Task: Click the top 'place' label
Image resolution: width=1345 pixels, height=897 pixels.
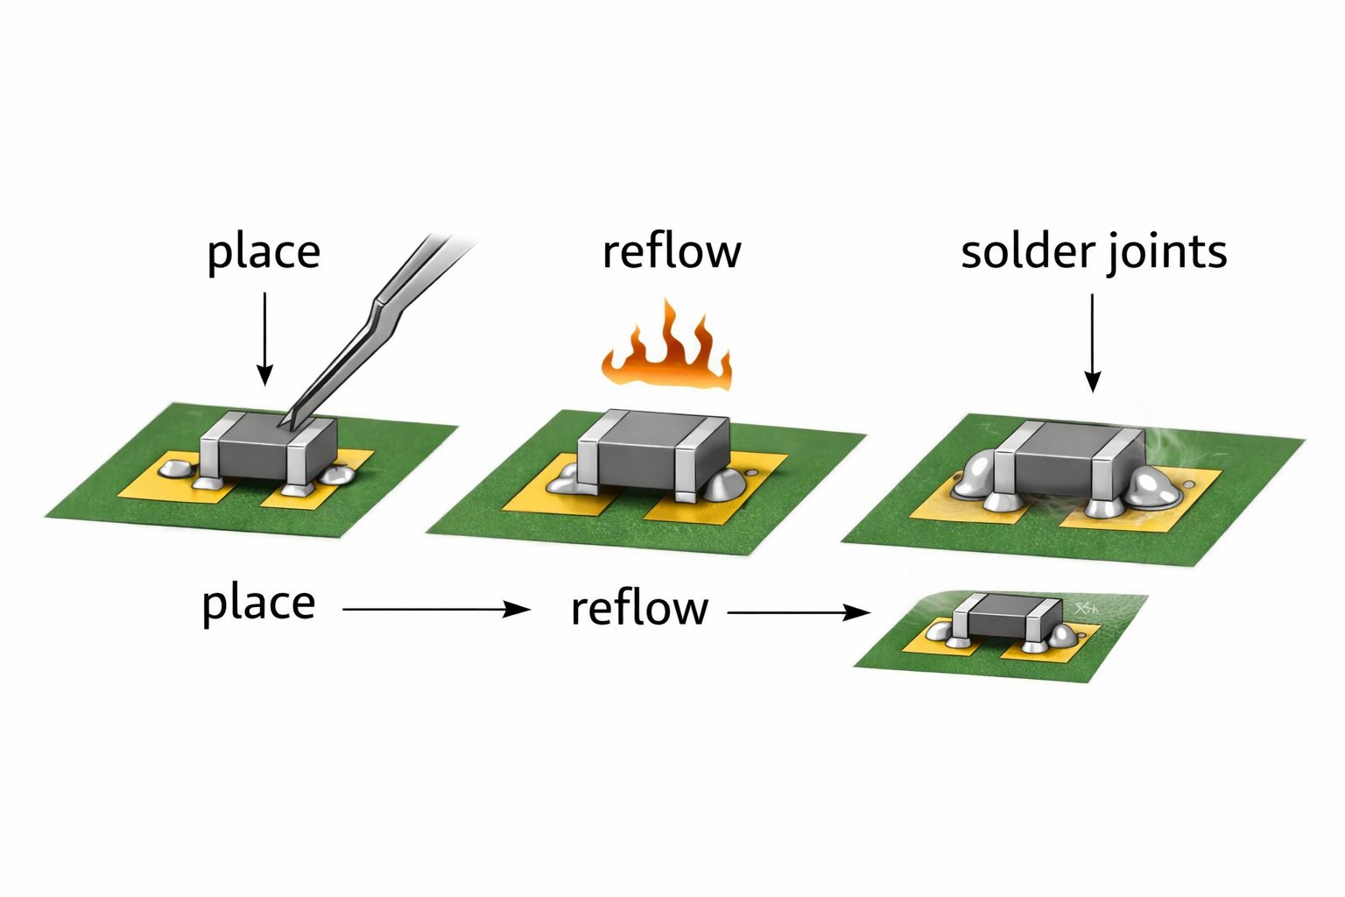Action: point(264,253)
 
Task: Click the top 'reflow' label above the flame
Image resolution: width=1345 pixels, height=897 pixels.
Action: point(672,251)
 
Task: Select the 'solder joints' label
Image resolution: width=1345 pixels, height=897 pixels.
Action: point(1094,252)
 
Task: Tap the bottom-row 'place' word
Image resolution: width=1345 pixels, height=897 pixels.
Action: point(258,604)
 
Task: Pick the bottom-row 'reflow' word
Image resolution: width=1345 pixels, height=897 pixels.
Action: point(639,609)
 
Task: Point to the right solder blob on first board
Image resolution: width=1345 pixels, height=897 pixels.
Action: point(336,475)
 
